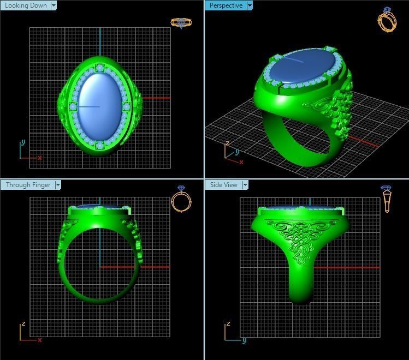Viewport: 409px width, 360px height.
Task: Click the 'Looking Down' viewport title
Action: click(25, 5)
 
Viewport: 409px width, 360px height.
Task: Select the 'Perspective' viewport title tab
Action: click(226, 5)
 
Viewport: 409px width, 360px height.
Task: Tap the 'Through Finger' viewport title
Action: click(28, 185)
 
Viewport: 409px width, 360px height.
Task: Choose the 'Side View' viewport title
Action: click(224, 185)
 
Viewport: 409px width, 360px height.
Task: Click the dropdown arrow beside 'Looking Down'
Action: click(54, 5)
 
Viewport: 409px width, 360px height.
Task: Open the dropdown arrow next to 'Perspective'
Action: click(250, 5)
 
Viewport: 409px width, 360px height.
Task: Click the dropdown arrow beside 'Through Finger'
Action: click(58, 185)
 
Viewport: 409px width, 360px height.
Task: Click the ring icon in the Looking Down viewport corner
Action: click(181, 23)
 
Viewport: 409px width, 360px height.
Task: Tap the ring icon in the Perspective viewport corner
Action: click(387, 20)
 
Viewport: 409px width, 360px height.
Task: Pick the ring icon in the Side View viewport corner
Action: click(387, 199)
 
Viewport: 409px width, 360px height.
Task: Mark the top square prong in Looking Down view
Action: click(99, 68)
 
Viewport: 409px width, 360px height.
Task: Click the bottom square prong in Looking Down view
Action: click(100, 146)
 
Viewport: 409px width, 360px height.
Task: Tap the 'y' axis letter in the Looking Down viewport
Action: click(23, 142)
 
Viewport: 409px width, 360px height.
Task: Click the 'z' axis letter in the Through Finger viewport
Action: click(23, 324)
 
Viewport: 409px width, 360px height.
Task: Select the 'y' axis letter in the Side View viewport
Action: click(245, 340)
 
